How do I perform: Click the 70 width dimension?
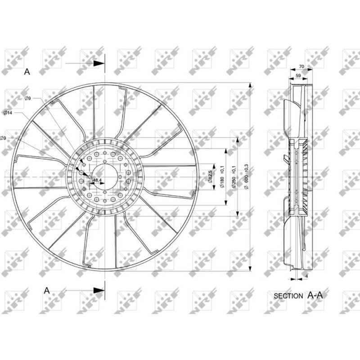pos(301,67)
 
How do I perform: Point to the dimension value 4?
pos(306,276)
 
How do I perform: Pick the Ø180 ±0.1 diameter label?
pos(221,177)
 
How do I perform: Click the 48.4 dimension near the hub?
pos(97,180)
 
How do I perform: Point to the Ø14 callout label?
pos(8,112)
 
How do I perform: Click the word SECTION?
pos(288,296)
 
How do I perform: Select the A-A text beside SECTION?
pos(315,295)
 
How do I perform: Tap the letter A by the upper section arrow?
pos(27,71)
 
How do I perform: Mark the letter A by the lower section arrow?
pos(46,291)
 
